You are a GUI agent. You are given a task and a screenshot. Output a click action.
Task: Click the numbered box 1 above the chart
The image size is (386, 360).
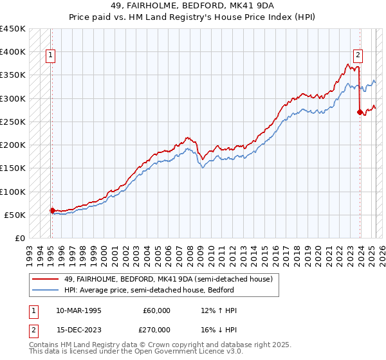coord(51,55)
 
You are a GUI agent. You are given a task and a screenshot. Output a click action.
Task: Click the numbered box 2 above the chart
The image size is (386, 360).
coord(358,55)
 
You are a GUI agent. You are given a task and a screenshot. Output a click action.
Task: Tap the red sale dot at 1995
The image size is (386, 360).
coord(51,210)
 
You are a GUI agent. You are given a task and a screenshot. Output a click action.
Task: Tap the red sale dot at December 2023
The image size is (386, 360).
coord(360,113)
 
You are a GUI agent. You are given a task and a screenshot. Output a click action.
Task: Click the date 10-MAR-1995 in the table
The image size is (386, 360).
coord(81,310)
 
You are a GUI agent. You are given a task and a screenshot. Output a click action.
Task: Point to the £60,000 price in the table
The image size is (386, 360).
coord(156,310)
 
